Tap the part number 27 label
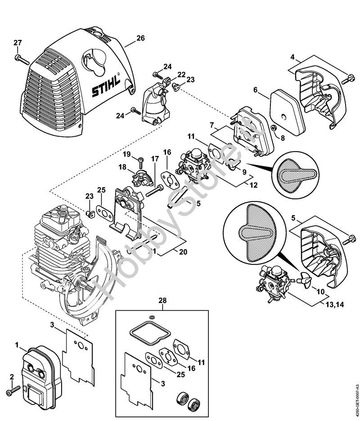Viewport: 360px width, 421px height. coord(18,43)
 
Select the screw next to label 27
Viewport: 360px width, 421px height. coord(22,59)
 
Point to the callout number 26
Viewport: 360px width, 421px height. coord(140,38)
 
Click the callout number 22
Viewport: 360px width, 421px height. coord(181,74)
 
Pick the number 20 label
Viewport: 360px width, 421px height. coord(183,252)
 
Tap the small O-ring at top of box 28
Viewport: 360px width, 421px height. coord(152,318)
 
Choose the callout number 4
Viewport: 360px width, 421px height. coord(292,57)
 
